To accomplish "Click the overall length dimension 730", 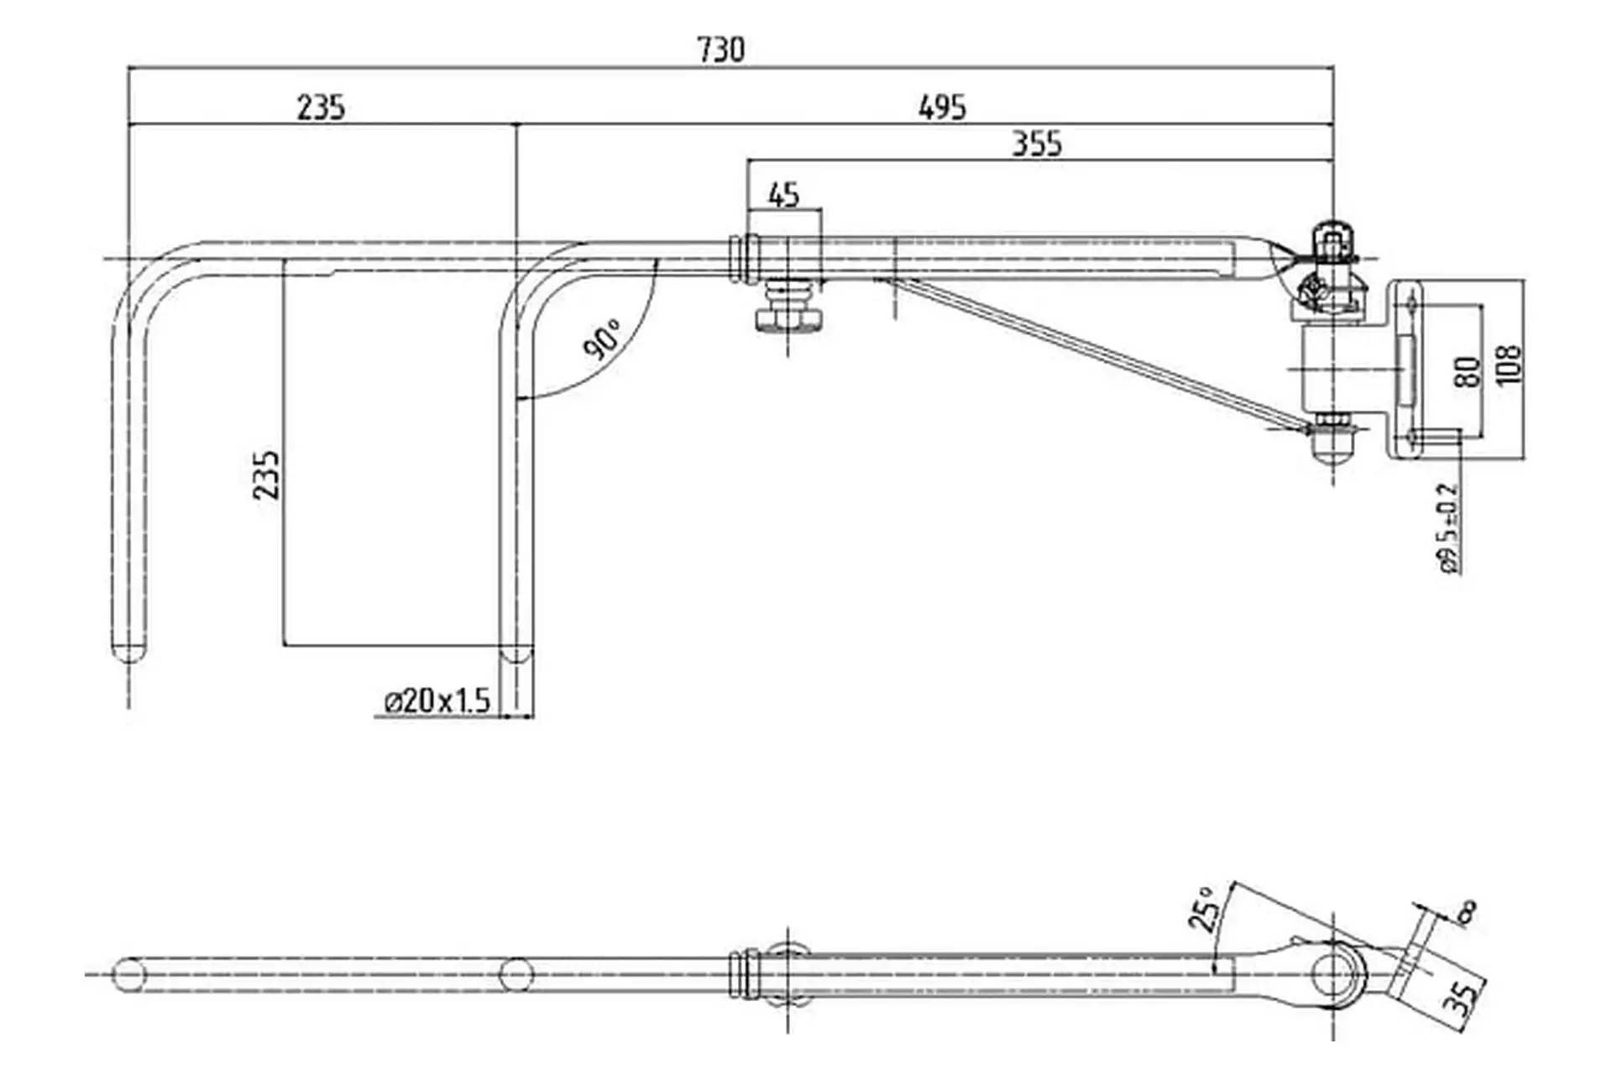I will point(720,50).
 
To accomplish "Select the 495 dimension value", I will point(942,107).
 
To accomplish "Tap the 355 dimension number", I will point(1036,144).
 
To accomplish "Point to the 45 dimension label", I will point(783,196).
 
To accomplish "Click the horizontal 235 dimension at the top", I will point(321,107).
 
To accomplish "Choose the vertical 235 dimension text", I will point(266,475).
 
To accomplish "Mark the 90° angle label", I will point(603,339).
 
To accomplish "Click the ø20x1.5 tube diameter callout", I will point(437,700).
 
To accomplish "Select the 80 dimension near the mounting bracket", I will point(1465,371).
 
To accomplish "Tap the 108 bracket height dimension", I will point(1508,364).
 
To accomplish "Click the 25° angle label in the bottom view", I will point(1203,910).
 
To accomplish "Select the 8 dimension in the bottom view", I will point(1467,912).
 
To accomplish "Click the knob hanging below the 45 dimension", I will point(788,307).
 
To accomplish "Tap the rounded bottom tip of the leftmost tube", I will point(129,650).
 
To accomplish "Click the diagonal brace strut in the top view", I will point(1091,352).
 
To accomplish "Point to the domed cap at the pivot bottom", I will point(1332,448).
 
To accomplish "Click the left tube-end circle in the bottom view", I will point(129,974).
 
